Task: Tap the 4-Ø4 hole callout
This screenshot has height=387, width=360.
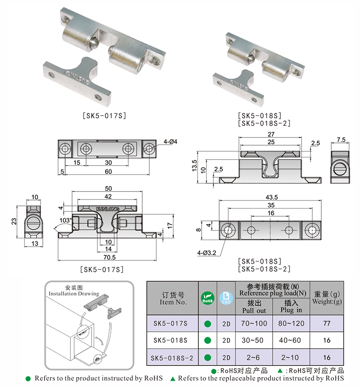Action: pyautogui.click(x=171, y=142)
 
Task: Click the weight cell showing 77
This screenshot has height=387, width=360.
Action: pyautogui.click(x=327, y=323)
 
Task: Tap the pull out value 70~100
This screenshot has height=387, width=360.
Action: pyautogui.click(x=254, y=323)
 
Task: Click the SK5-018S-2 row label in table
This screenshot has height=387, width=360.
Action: pyautogui.click(x=173, y=357)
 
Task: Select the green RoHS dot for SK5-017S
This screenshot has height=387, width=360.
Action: pyautogui.click(x=207, y=324)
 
